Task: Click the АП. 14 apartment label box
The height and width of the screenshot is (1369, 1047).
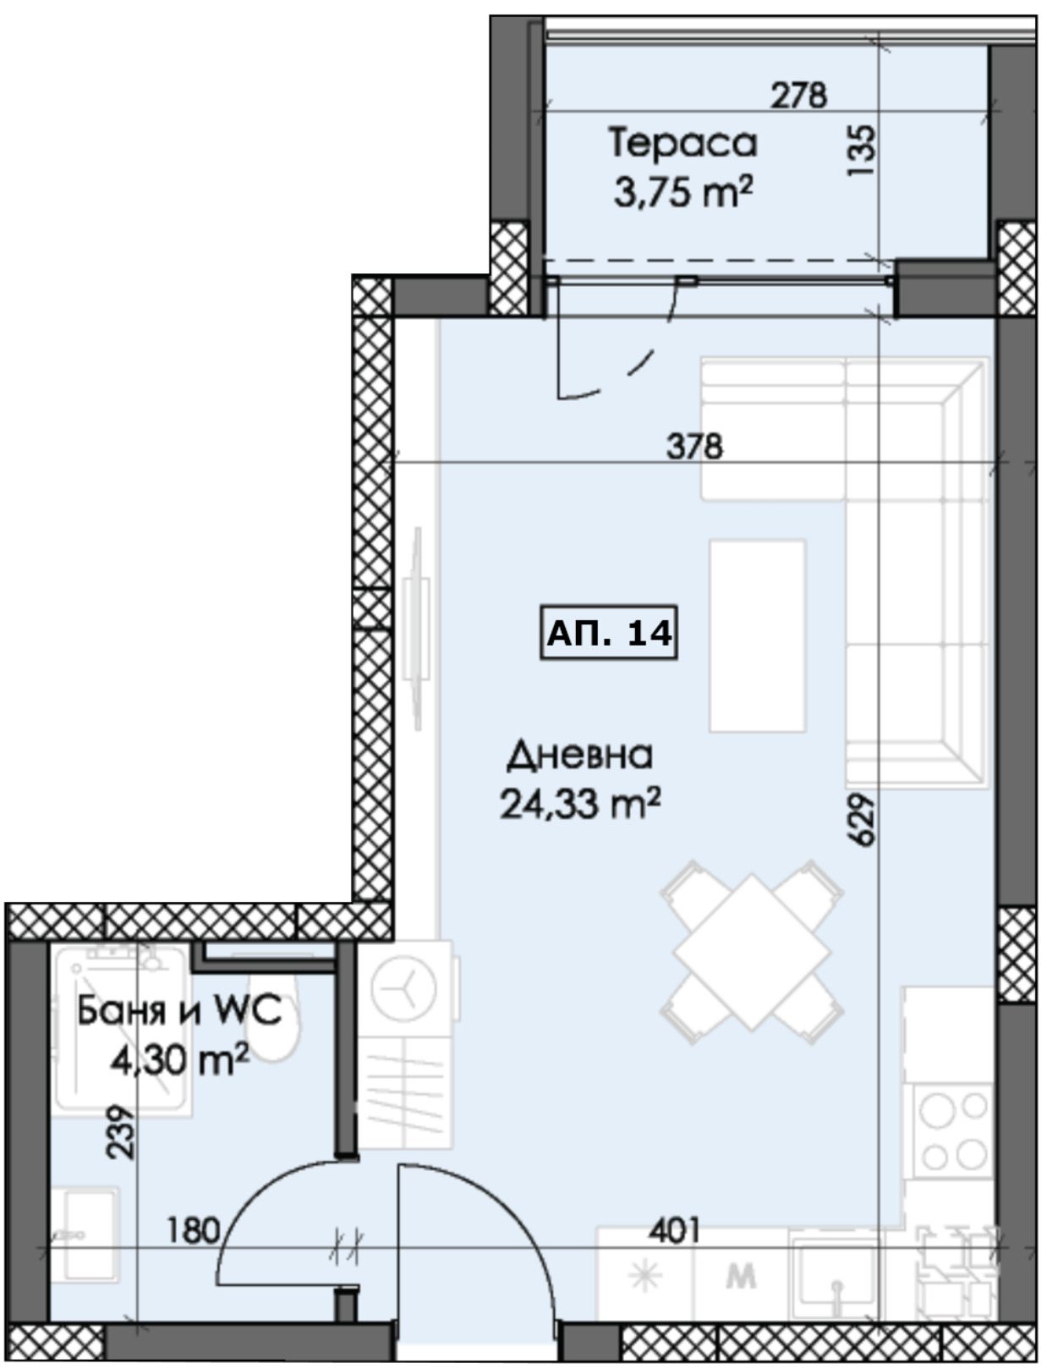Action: coord(608,632)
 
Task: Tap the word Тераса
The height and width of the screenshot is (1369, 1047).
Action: coord(683,143)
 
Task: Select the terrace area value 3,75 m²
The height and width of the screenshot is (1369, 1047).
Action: coord(683,191)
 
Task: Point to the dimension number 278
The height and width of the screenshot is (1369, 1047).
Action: coord(799,96)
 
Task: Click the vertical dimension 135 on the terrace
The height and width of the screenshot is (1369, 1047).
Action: coord(862,151)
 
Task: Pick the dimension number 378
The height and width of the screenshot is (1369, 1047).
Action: coord(695,447)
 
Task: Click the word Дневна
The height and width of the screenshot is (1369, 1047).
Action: coord(579,756)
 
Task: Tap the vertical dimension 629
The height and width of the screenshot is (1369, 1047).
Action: coord(862,820)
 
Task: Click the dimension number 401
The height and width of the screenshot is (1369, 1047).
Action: coord(674,1230)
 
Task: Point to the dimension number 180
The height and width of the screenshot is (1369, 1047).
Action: coord(194,1230)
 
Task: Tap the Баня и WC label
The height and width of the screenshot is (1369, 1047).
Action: coord(179,1011)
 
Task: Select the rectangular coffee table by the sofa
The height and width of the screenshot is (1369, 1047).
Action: coord(757,635)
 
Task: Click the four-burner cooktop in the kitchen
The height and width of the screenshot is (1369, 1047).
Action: coord(953,1132)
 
